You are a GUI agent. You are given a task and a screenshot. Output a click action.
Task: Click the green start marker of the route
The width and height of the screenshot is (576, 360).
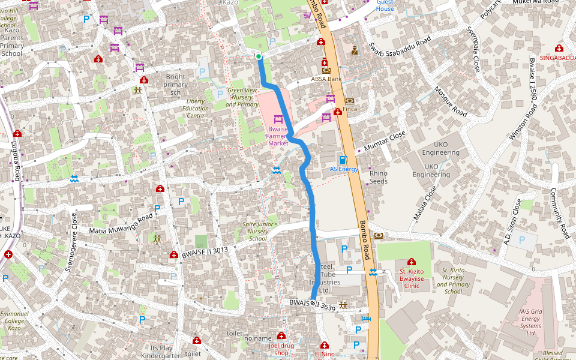259,56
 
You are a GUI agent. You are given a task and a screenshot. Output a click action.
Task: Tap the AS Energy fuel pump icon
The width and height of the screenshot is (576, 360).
343,160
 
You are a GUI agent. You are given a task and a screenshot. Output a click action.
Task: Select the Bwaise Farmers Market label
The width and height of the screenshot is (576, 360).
278,136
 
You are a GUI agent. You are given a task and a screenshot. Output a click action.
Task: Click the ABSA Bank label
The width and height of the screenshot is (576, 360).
326,79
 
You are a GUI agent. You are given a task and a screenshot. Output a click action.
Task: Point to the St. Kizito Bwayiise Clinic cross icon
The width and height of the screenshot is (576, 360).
411,262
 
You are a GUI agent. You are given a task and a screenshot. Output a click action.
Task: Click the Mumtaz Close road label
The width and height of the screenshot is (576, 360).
382,142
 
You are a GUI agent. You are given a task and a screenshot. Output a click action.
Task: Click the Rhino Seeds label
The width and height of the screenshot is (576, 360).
379,177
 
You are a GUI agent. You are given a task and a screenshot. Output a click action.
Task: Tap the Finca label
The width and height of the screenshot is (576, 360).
350,109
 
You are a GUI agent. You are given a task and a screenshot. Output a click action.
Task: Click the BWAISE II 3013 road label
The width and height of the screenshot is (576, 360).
205,251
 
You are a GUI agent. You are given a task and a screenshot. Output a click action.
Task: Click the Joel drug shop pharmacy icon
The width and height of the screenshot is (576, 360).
281,336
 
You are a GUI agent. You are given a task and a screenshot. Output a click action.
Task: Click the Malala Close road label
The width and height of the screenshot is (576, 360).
425,204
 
